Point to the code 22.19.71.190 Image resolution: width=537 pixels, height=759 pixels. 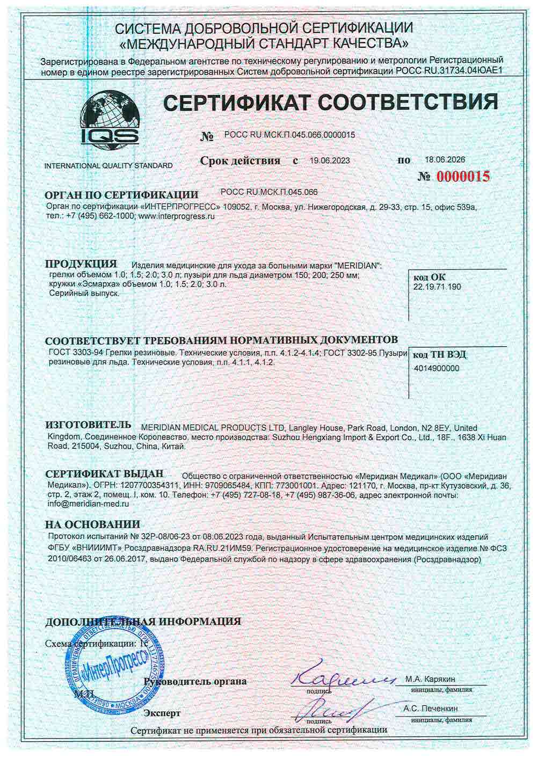[437, 287]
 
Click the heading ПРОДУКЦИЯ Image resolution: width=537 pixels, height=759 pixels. [81, 264]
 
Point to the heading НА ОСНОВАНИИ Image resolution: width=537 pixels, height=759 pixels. [92, 524]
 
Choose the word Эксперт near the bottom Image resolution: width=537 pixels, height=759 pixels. [162, 713]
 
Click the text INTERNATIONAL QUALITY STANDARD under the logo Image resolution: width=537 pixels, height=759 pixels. [108, 165]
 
